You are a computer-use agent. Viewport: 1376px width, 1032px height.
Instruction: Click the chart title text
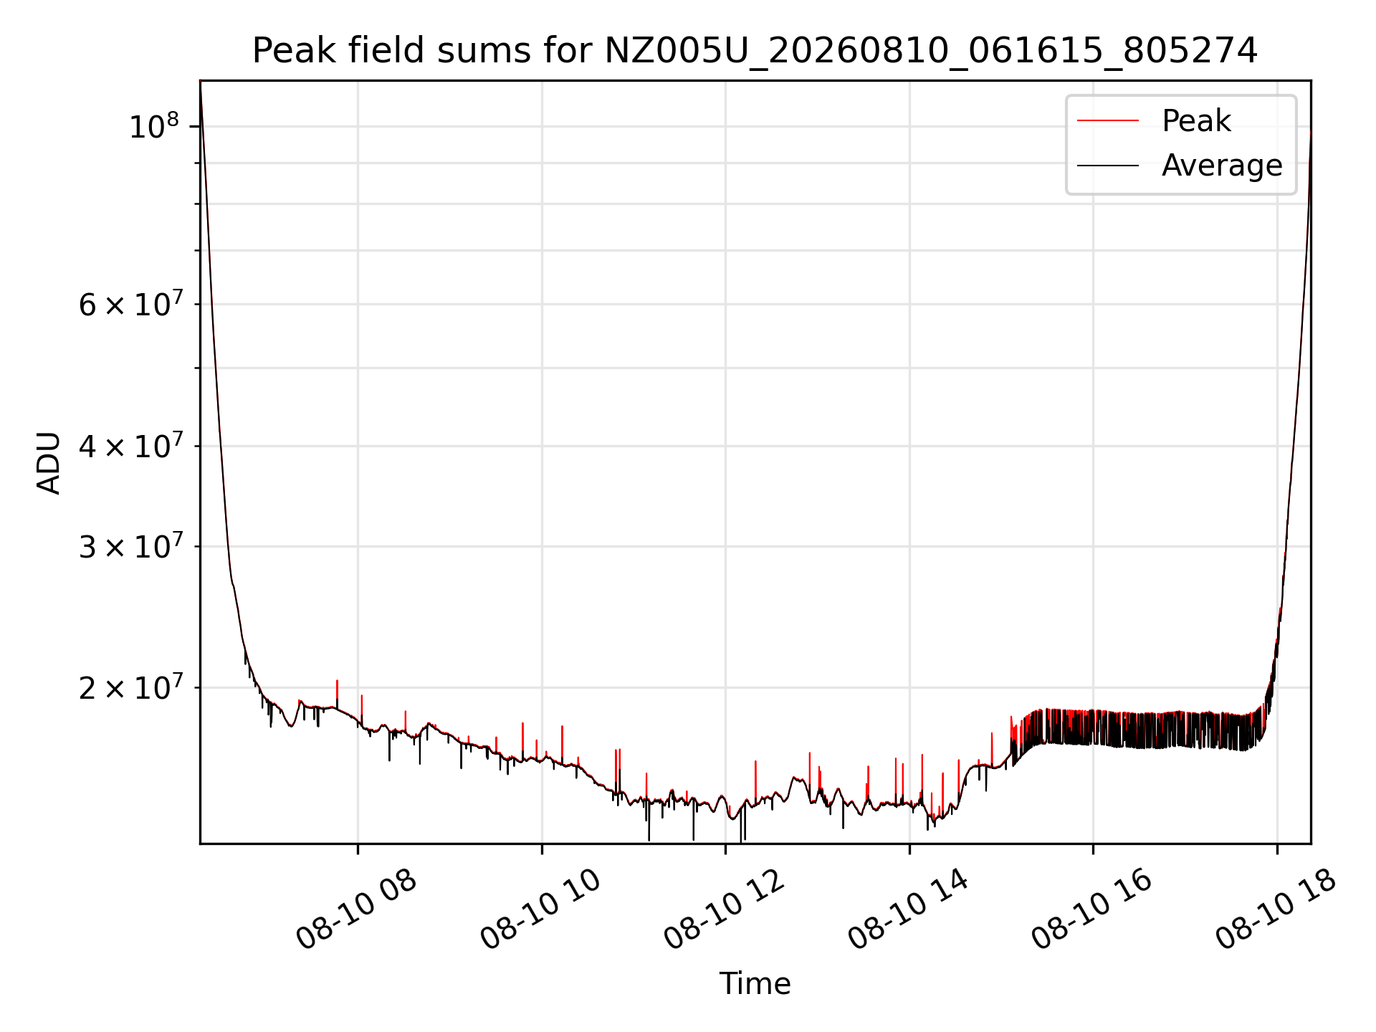pyautogui.click(x=755, y=51)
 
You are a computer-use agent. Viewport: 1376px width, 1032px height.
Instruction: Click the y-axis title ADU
pyautogui.click(x=49, y=463)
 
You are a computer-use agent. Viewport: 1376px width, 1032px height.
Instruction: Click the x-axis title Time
pyautogui.click(x=755, y=983)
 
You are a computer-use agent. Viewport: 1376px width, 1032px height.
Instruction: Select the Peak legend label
pyautogui.click(x=1196, y=121)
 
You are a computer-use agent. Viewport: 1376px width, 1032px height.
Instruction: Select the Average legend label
pyautogui.click(x=1222, y=166)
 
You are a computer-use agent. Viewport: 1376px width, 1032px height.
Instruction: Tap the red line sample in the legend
pyautogui.click(x=1108, y=121)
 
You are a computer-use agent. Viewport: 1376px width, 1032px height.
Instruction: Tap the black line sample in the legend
pyautogui.click(x=1108, y=166)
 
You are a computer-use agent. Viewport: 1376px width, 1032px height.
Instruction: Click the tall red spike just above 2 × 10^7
pyautogui.click(x=337, y=692)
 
